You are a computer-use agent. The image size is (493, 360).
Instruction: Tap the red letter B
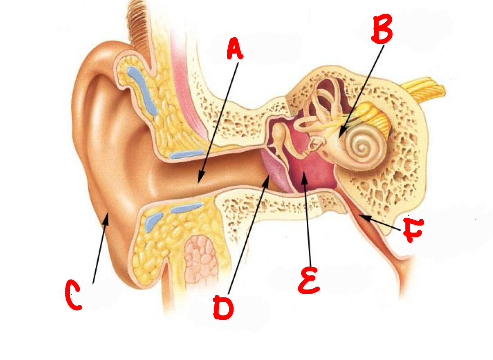coord(382,29)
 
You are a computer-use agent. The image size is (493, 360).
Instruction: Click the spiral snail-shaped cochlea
coord(363,148)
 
